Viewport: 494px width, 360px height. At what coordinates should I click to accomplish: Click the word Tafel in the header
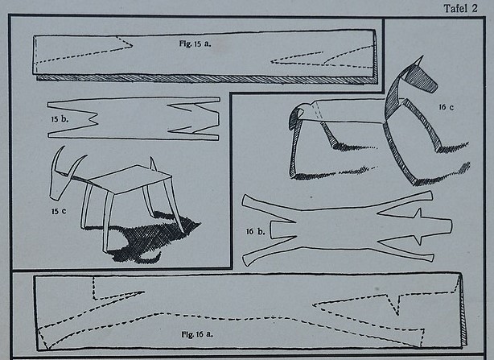point(456,8)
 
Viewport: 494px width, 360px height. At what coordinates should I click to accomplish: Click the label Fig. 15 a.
point(195,43)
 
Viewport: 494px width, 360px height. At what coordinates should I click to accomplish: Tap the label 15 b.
point(60,119)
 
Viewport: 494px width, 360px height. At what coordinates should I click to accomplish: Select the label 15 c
point(59,211)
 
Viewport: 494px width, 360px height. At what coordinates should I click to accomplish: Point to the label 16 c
point(447,107)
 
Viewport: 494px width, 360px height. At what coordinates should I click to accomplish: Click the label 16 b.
point(256,232)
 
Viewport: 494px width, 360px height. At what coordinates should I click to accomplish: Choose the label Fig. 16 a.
point(197,334)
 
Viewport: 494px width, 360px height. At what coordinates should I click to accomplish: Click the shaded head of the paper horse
point(422,79)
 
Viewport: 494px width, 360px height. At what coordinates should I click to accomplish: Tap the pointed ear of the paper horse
point(419,61)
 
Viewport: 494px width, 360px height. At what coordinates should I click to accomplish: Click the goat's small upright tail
point(153,164)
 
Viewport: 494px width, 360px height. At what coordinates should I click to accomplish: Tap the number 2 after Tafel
point(475,8)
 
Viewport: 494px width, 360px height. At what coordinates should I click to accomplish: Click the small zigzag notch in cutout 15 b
point(93,119)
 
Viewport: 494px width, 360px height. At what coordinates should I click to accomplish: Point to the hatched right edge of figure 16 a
point(463,312)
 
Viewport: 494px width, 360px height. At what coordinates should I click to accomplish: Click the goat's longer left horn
point(56,159)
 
